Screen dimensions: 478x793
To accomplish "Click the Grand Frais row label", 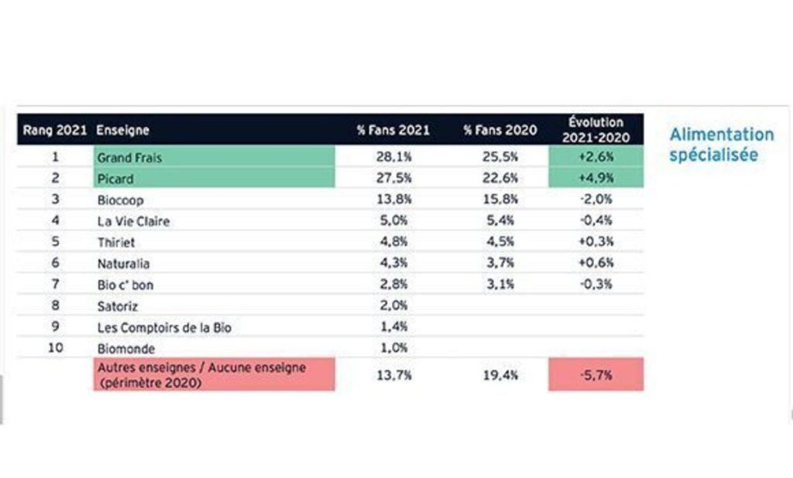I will coord(129,158).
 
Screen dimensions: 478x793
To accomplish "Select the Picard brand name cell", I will coord(115,179).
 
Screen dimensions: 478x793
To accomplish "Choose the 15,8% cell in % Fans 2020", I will coord(500,200).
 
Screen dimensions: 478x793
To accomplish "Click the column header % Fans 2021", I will coord(393,130).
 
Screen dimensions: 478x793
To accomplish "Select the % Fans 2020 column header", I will coord(500,130).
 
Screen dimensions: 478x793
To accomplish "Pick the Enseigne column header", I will coord(123,130).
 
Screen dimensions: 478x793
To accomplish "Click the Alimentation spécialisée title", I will coord(721,145).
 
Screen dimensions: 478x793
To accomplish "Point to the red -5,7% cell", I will coord(596,375).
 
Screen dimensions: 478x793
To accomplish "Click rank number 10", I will coord(55,348).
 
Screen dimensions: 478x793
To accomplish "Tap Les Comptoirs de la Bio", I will coord(164,327).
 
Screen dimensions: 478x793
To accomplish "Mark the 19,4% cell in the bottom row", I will coord(500,375).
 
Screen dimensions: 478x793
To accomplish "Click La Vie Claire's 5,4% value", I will coord(500,221).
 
